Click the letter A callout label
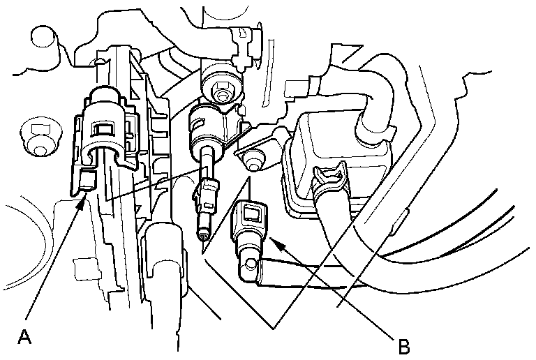(x=25, y=337)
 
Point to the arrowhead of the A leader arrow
(x=84, y=198)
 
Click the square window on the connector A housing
(x=102, y=128)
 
